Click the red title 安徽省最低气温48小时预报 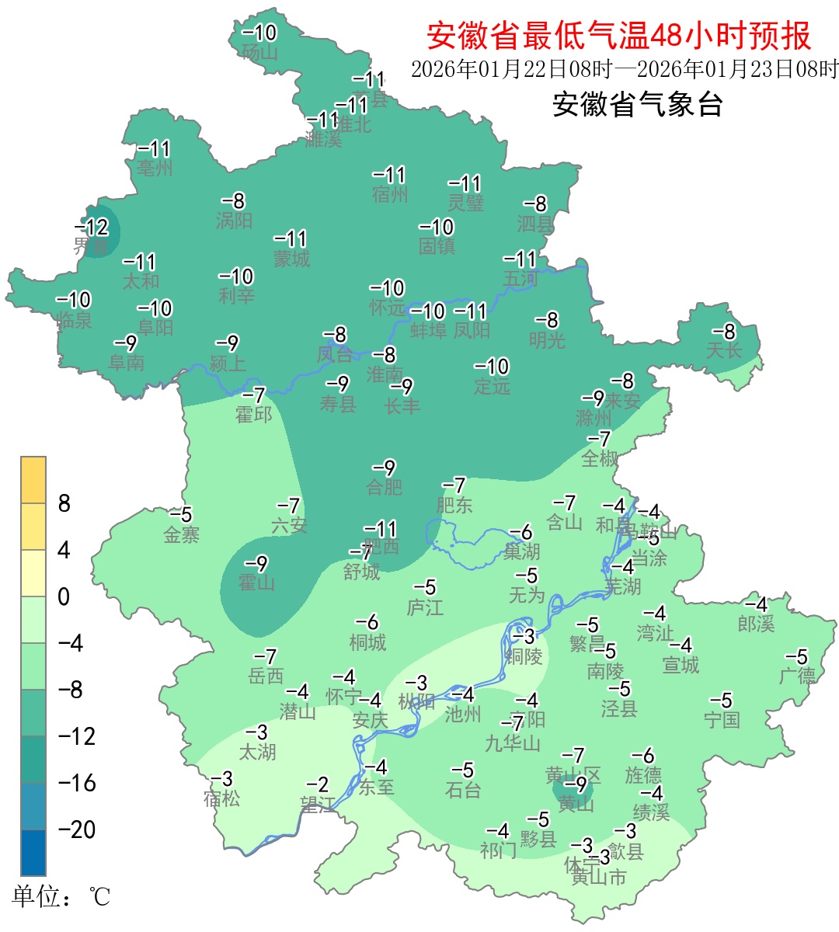coord(618,36)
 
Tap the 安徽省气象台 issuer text coord(637,104)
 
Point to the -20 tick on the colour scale coord(77,829)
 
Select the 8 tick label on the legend coord(64,504)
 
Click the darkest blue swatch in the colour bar coord(33,852)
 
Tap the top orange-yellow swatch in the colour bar coord(33,480)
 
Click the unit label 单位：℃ coord(61,897)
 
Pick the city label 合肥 coord(385,487)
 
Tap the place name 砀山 coord(259,53)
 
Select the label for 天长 coord(723,350)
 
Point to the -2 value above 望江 coord(317,785)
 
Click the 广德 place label coord(797,675)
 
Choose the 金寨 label coord(182,534)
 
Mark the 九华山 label coord(513,743)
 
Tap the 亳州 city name coord(155,167)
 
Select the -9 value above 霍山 coord(256,564)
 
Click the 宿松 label coord(221,798)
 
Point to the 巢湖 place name coord(521,551)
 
